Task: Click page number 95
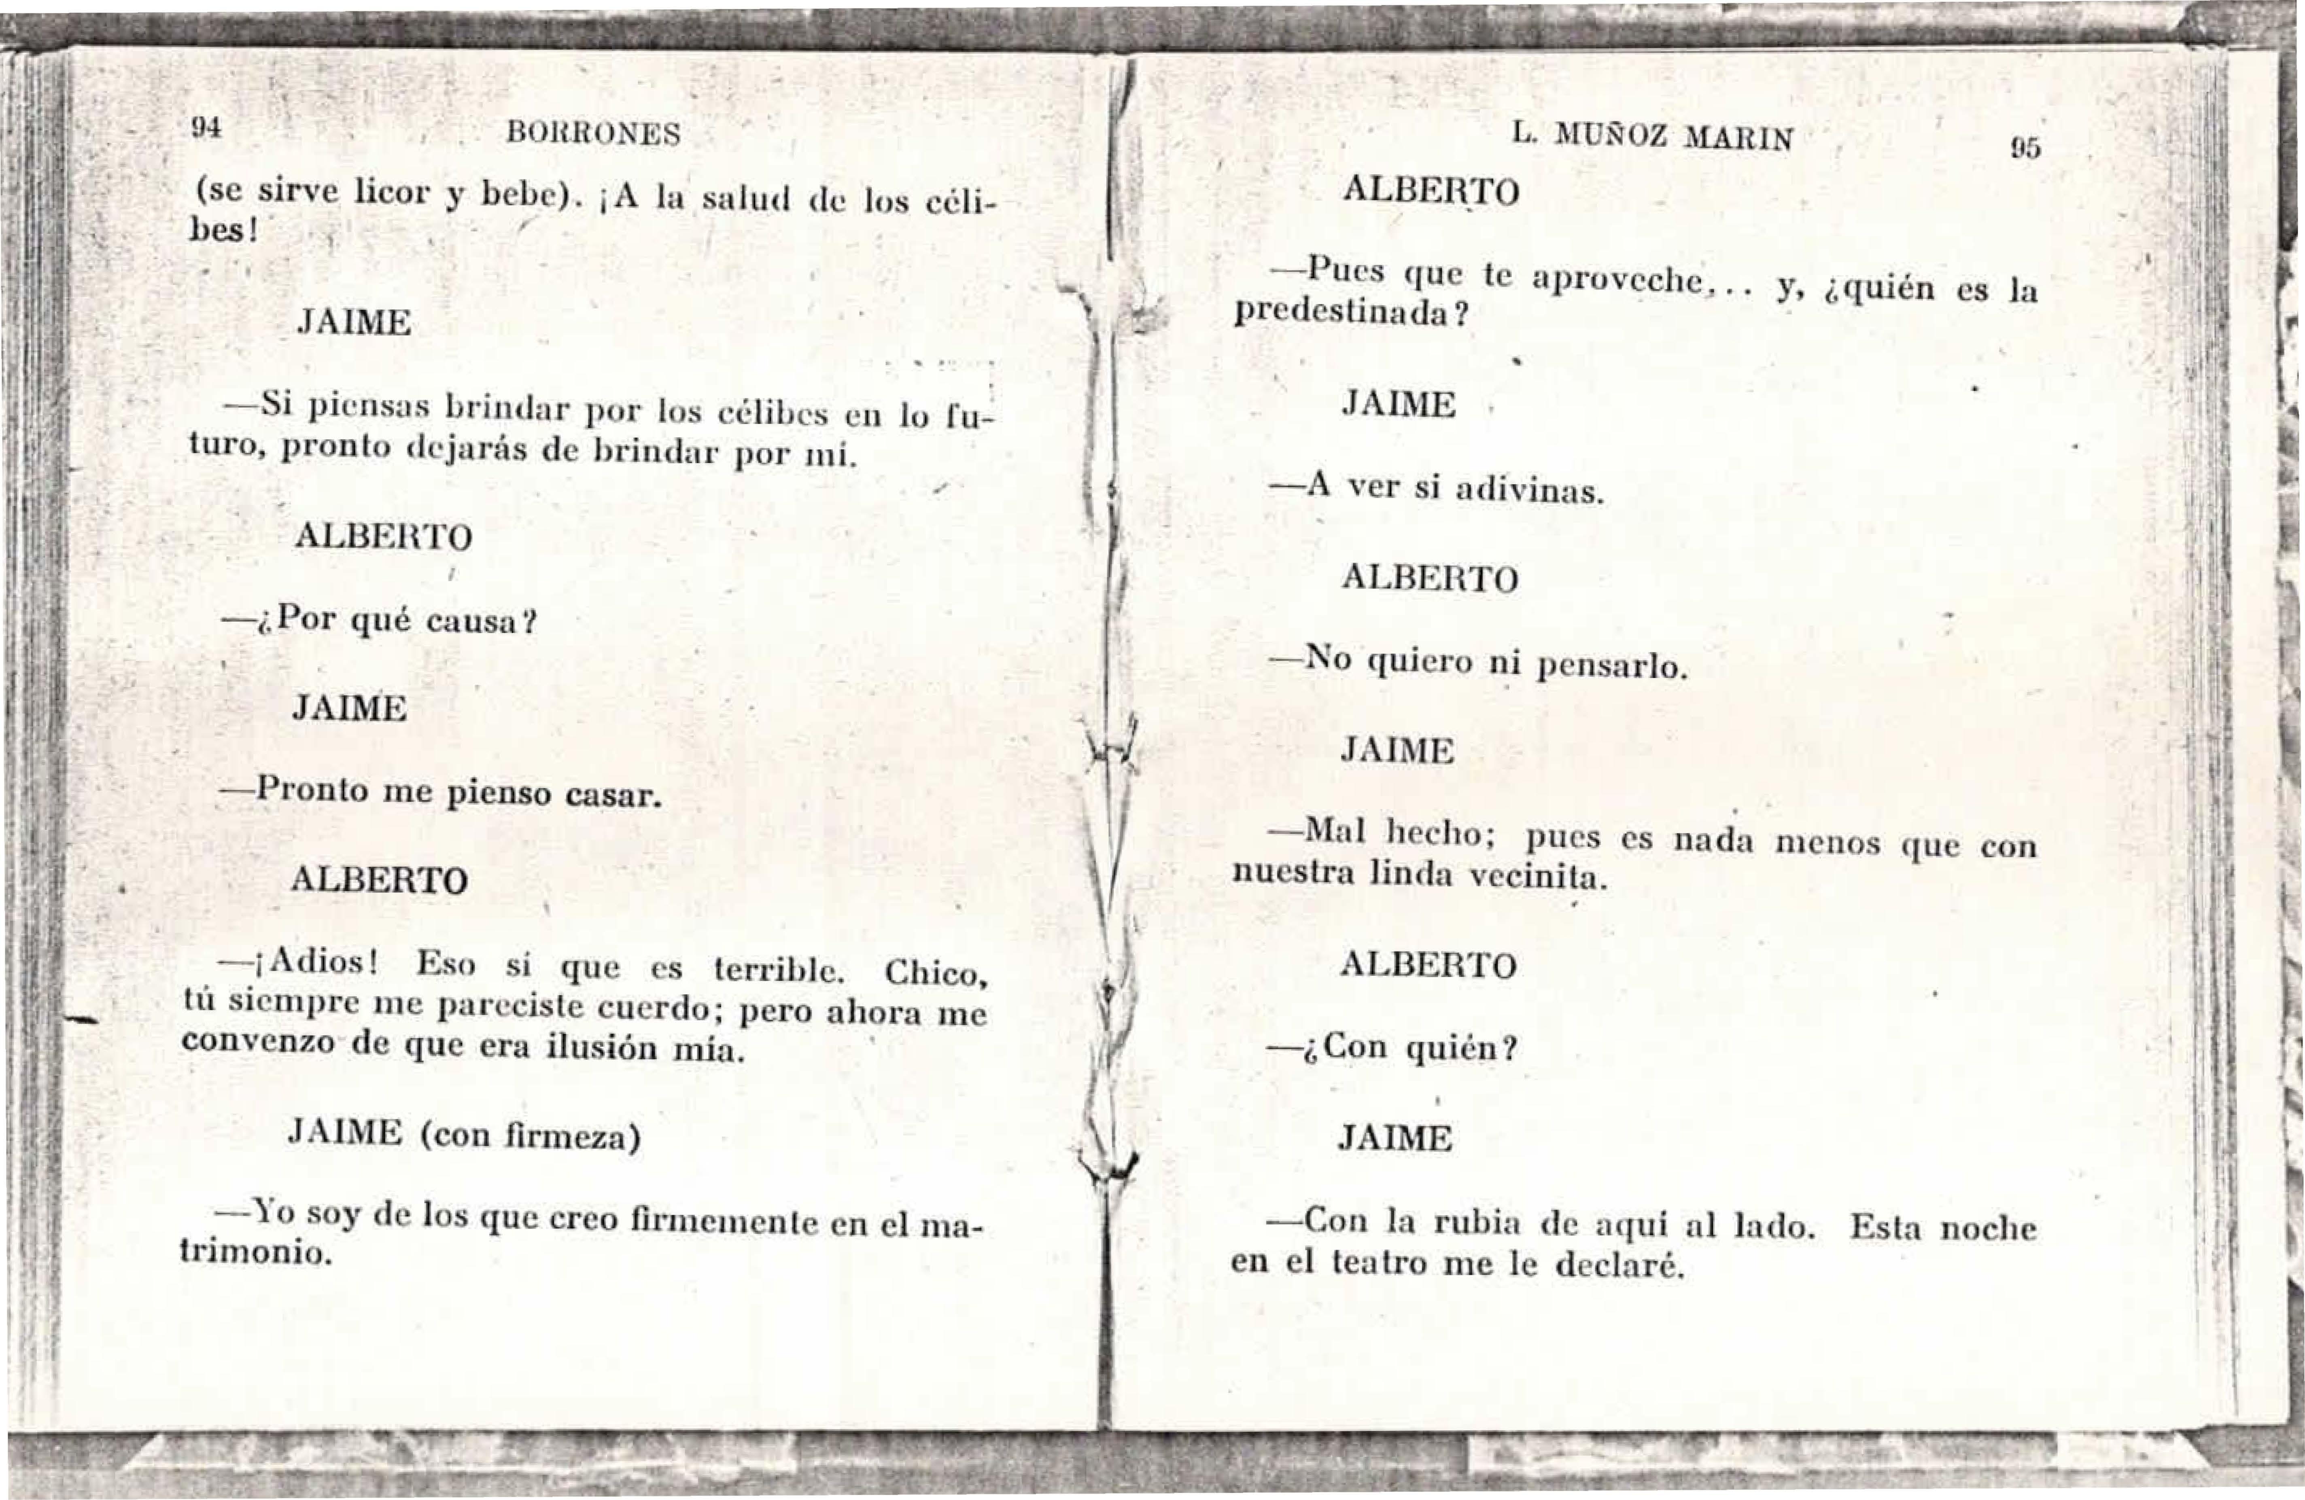[x=2024, y=148]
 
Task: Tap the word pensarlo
[x=1613, y=666]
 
